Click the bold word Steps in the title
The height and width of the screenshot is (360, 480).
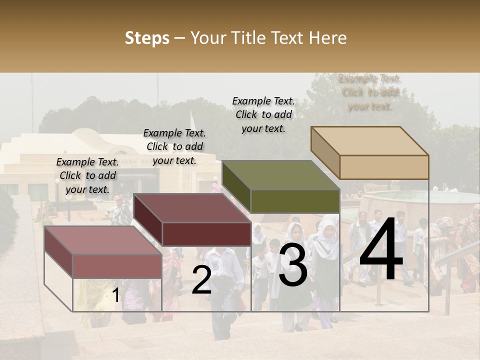[147, 38]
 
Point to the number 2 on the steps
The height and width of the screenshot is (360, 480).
[201, 280]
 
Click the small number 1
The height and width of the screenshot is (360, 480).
[115, 295]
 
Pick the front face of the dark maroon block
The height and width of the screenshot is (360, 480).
[206, 234]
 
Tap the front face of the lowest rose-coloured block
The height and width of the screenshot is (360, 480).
[117, 266]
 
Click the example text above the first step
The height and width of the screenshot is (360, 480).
[87, 175]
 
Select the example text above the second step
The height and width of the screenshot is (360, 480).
[174, 146]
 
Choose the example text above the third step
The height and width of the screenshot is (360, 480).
[263, 114]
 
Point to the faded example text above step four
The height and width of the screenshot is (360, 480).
[369, 92]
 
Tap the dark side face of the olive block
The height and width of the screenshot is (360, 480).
[236, 187]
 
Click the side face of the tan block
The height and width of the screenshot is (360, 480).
[325, 152]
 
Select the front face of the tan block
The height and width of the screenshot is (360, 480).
[384, 167]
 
